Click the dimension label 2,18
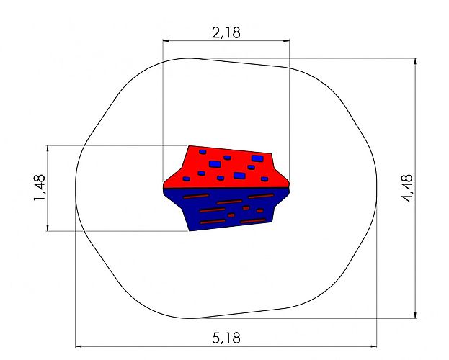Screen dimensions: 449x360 (x=226, y=32)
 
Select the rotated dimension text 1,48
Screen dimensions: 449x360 (x=40, y=188)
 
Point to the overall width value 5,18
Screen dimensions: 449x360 (x=226, y=338)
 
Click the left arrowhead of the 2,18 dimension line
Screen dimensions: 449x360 (x=166, y=40)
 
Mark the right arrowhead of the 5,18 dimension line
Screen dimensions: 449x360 (x=373, y=346)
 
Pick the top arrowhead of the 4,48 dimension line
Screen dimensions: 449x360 (x=416, y=61)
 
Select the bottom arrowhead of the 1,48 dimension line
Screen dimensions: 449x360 (x=48, y=228)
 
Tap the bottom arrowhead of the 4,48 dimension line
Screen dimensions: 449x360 (x=416, y=315)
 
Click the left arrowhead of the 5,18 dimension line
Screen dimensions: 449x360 (x=79, y=346)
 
